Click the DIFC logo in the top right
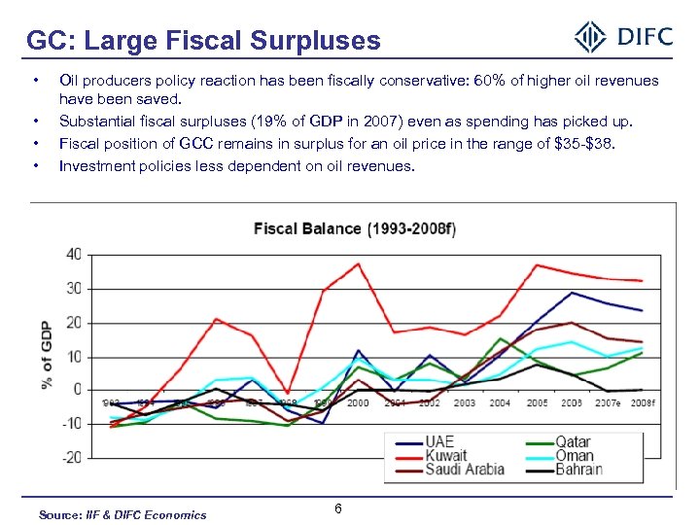623,37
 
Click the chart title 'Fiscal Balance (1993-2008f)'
355,229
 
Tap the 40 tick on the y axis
74,255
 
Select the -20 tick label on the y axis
70,457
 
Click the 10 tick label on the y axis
74,356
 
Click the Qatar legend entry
573,442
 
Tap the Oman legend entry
573,455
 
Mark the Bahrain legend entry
579,469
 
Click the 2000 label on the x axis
359,402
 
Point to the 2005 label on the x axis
536,402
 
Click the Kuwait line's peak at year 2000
359,263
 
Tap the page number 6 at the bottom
337,509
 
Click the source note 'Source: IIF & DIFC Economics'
122,514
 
